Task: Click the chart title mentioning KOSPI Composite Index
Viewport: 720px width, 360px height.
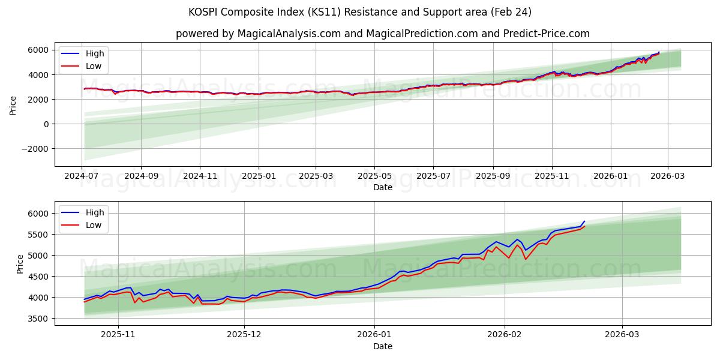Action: pyautogui.click(x=360, y=12)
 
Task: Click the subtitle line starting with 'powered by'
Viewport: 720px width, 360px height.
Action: pyautogui.click(x=382, y=34)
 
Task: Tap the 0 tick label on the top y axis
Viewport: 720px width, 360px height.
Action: pyautogui.click(x=46, y=124)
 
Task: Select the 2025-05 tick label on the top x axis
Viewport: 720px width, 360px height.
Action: pyautogui.click(x=374, y=176)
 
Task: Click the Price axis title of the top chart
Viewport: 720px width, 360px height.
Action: pyautogui.click(x=13, y=104)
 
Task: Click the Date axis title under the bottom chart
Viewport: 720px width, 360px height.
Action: pyautogui.click(x=382, y=346)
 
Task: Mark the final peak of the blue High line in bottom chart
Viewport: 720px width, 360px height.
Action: pyautogui.click(x=584, y=221)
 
